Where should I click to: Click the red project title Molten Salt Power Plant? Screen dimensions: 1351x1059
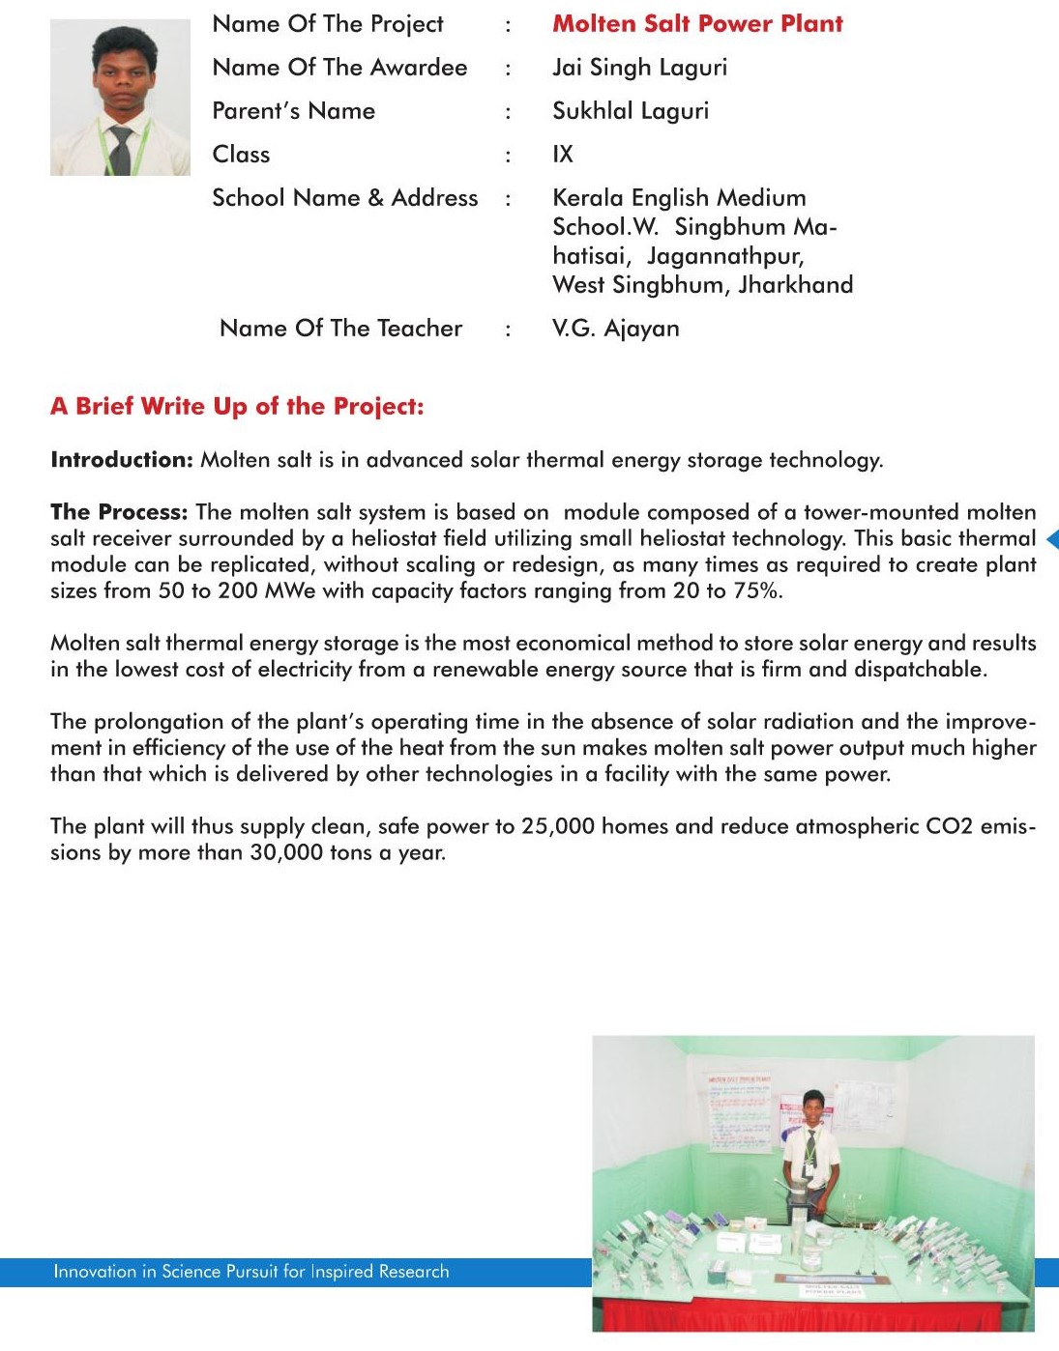tap(697, 24)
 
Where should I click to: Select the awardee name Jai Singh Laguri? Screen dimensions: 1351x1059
tap(639, 68)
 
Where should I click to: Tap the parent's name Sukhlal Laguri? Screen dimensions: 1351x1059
tap(631, 111)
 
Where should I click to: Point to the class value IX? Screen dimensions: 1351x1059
tap(563, 155)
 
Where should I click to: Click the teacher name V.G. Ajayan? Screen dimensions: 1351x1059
tap(615, 329)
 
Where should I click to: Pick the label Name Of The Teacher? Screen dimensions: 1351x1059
tap(340, 329)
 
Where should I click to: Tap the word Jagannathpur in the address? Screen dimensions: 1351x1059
tap(725, 256)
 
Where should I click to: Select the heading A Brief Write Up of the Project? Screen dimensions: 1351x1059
tap(237, 407)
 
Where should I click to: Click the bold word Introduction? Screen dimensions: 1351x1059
tap(122, 460)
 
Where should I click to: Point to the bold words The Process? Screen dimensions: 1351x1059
tap(119, 512)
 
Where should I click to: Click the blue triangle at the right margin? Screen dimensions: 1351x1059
tap(1052, 539)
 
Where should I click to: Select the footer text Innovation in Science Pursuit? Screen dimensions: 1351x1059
tap(250, 1272)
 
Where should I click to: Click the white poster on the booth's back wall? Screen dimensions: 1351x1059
tap(740, 1111)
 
